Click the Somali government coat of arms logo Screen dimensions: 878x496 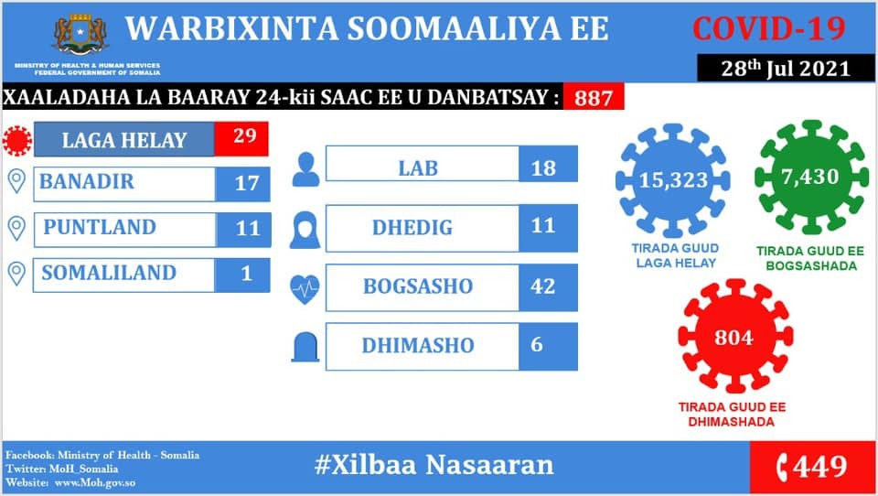point(80,35)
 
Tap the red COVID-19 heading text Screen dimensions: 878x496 point(769,28)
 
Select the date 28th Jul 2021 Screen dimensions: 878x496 point(786,69)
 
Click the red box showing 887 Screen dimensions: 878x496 point(594,97)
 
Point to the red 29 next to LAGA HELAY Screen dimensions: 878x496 point(241,138)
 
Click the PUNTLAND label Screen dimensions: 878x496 point(101,227)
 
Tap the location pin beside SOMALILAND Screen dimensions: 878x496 point(16,274)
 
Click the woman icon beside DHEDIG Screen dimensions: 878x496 point(305,230)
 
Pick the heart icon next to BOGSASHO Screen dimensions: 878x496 point(305,289)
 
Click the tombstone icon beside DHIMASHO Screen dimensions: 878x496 point(305,347)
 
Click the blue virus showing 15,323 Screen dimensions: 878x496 point(673,180)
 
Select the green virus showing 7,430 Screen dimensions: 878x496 point(811,177)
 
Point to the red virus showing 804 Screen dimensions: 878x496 point(734,336)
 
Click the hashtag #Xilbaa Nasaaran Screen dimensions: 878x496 point(434,465)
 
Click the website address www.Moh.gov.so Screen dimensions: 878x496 point(95,482)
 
